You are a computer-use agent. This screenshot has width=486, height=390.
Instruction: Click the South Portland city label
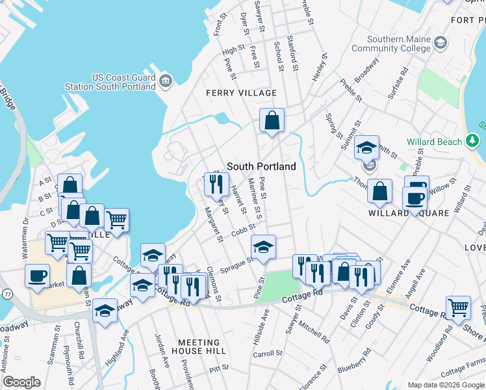coord(261,166)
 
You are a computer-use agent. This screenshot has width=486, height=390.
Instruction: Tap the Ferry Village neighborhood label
coord(241,93)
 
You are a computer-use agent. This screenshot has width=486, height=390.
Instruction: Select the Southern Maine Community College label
coord(399,44)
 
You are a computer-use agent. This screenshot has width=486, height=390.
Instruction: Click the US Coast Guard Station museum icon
coord(166,81)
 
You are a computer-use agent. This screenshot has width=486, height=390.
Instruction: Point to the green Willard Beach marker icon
coord(472,141)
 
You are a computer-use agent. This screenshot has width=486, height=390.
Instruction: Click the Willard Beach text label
coord(434,142)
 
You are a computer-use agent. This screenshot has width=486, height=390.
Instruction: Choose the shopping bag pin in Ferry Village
coord(272,120)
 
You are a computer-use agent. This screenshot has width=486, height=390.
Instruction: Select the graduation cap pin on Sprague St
coord(263,247)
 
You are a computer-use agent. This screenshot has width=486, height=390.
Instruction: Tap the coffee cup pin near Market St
coord(38,275)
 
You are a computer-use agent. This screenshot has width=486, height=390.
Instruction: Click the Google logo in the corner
coord(21,382)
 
